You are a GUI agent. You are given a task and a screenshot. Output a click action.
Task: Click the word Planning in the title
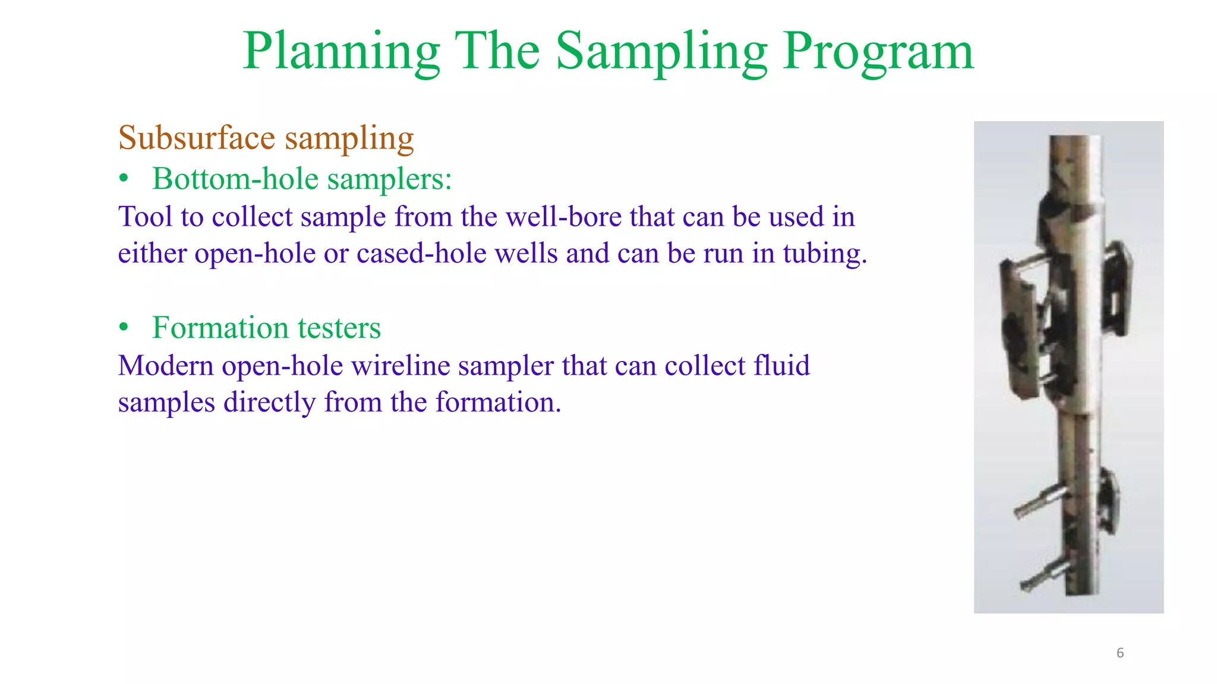click(x=341, y=52)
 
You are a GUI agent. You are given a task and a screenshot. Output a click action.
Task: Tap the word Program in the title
click(x=878, y=52)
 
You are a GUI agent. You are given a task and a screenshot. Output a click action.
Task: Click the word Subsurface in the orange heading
click(x=196, y=138)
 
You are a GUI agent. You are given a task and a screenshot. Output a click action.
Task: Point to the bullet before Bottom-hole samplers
click(x=124, y=179)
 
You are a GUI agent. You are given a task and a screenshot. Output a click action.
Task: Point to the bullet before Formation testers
click(x=124, y=328)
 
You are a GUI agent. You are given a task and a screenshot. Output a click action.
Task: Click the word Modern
click(x=165, y=366)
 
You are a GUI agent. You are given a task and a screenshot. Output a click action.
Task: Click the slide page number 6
click(x=1120, y=653)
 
